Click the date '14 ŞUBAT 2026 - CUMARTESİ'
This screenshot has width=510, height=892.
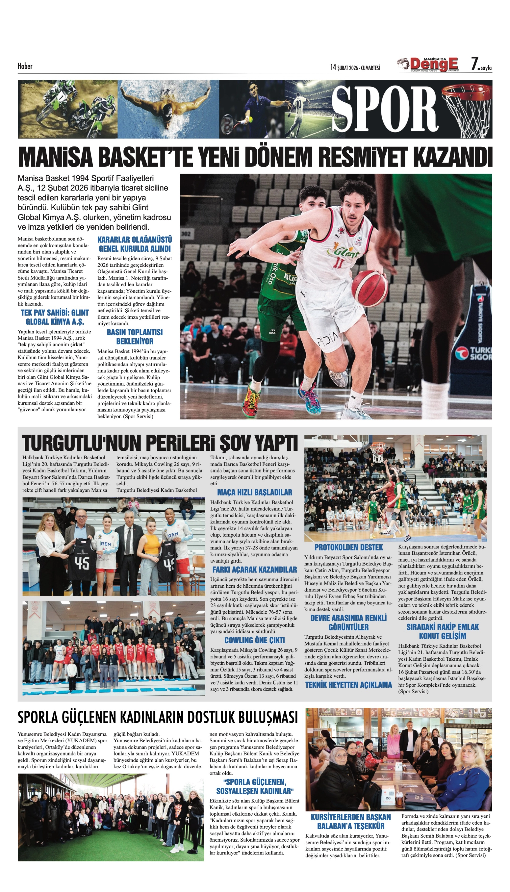pos(355,68)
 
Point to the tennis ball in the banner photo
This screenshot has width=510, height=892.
pos(250,119)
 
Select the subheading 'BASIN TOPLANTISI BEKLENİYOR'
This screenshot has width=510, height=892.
pos(134,336)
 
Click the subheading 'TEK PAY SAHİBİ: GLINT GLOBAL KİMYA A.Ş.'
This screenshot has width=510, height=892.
pos(55,317)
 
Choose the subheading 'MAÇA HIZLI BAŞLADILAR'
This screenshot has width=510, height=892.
pos(254,493)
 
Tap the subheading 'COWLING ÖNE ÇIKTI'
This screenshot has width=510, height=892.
pos(254,640)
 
